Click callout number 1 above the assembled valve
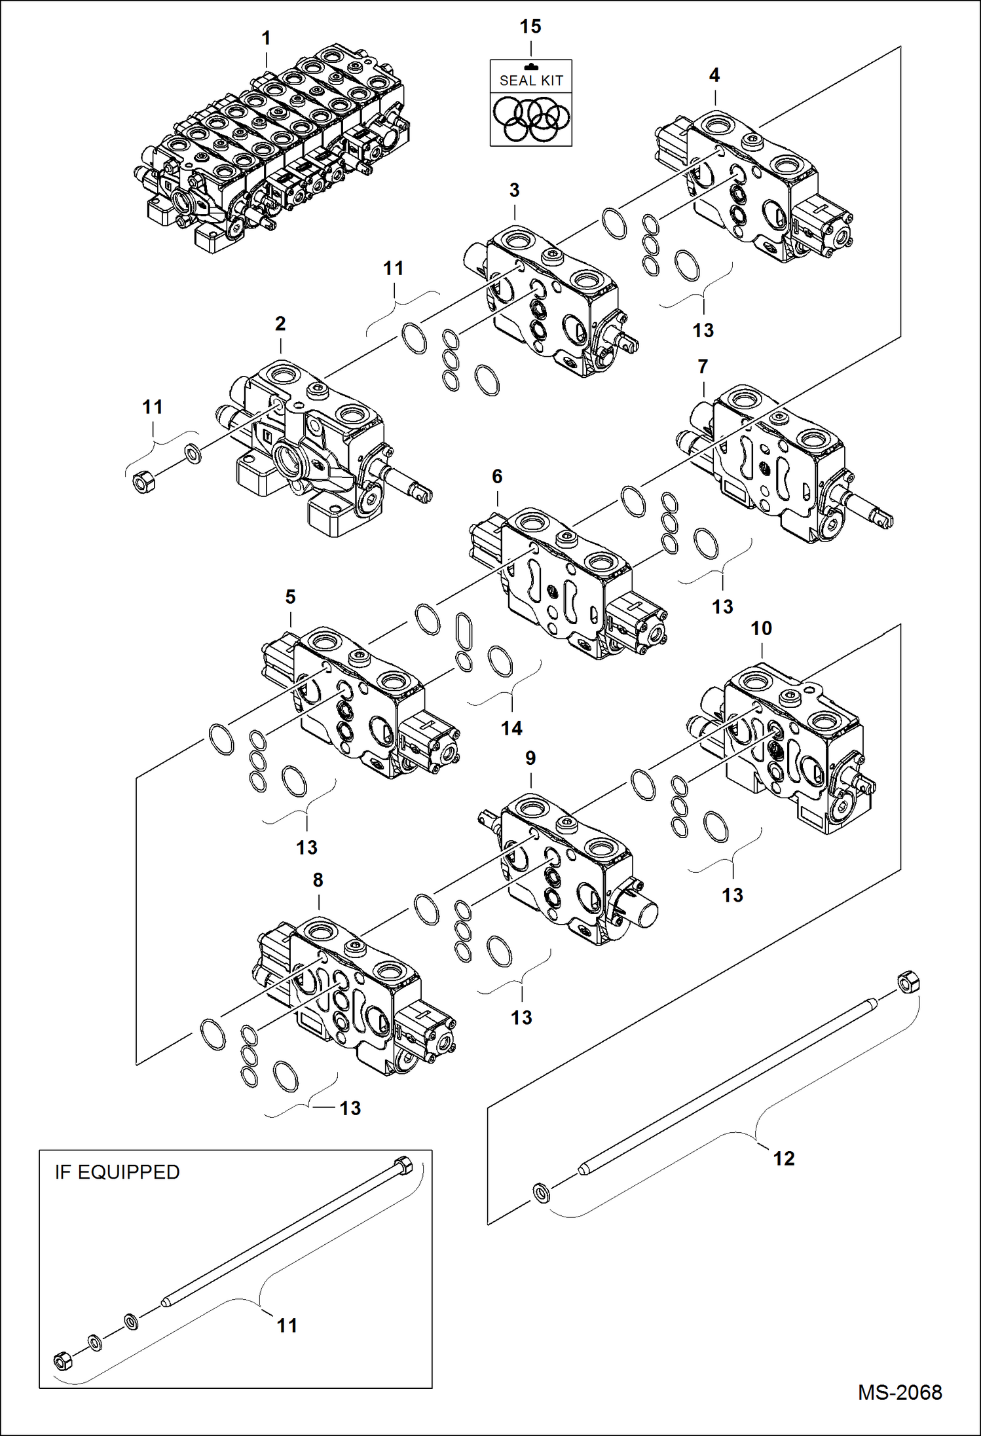266,39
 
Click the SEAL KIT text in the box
531,81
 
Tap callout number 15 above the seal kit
530,27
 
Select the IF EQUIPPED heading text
117,1172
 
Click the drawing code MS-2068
900,1393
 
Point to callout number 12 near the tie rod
783,1158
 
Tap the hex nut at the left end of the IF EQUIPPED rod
63,1361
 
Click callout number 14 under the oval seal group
511,727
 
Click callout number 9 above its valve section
530,758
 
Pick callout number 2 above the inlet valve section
280,323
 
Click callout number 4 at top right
714,75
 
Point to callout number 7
703,367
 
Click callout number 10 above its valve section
761,629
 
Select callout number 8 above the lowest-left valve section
318,880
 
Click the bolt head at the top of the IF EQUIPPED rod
402,1167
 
